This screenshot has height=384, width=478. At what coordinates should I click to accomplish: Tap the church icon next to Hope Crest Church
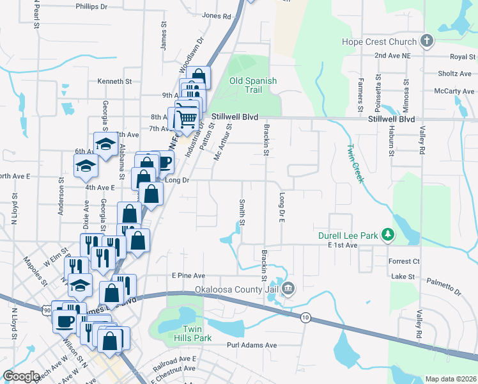click(427, 42)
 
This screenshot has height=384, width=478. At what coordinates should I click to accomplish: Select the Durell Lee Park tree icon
click(387, 235)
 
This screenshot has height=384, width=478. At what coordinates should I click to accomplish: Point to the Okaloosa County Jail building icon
click(288, 289)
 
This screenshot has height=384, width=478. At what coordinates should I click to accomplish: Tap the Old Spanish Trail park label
click(254, 85)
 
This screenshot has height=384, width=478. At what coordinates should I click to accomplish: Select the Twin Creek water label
click(355, 163)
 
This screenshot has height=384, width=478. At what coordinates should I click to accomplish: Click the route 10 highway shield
click(306, 317)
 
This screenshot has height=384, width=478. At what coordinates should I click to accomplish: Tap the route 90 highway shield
click(48, 310)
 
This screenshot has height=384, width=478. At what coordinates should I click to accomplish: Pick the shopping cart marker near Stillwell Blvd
click(187, 117)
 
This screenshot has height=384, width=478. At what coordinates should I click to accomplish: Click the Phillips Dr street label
click(91, 6)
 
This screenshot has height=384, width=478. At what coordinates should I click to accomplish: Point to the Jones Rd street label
click(215, 16)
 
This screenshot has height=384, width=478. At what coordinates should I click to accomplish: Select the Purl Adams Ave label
click(252, 345)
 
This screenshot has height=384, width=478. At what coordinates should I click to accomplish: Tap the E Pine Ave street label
click(189, 275)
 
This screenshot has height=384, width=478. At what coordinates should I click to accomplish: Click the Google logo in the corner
click(21, 376)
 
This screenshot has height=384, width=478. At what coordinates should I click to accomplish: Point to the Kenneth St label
click(114, 81)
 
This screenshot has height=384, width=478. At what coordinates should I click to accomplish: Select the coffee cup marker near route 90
click(65, 320)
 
